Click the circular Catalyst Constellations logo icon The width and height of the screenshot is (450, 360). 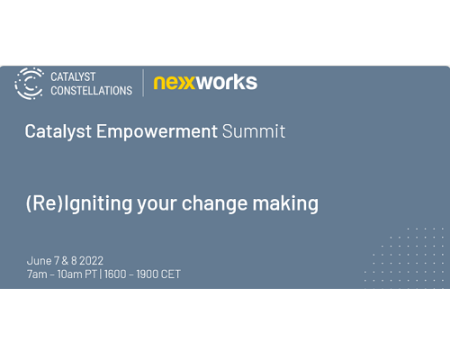pos(29,84)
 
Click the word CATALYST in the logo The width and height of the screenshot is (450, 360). pos(73,76)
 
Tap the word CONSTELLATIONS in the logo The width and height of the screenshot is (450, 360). pos(91,91)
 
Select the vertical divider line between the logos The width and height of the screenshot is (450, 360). pos(143,83)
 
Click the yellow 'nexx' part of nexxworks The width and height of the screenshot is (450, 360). pos(175,83)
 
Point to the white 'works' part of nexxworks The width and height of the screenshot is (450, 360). pos(227,82)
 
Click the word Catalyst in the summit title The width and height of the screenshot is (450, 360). pos(58,131)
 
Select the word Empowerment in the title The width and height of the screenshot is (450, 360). pos(157,131)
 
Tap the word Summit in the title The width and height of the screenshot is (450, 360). pos(254,131)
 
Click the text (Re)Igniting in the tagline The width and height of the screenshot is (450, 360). pos(79,204)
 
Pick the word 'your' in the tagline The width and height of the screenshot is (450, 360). pos(157,205)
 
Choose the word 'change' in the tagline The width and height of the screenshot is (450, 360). pos(214,204)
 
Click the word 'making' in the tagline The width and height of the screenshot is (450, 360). pos(285,204)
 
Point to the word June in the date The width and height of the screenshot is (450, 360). pos(40,261)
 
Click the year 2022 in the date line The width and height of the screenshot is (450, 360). pos(91,261)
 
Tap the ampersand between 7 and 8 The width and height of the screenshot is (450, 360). pos(65,261)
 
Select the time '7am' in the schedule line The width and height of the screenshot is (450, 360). pos(37,274)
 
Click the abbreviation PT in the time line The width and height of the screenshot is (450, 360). pos(91,274)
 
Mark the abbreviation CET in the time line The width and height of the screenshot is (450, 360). pos(171,274)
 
